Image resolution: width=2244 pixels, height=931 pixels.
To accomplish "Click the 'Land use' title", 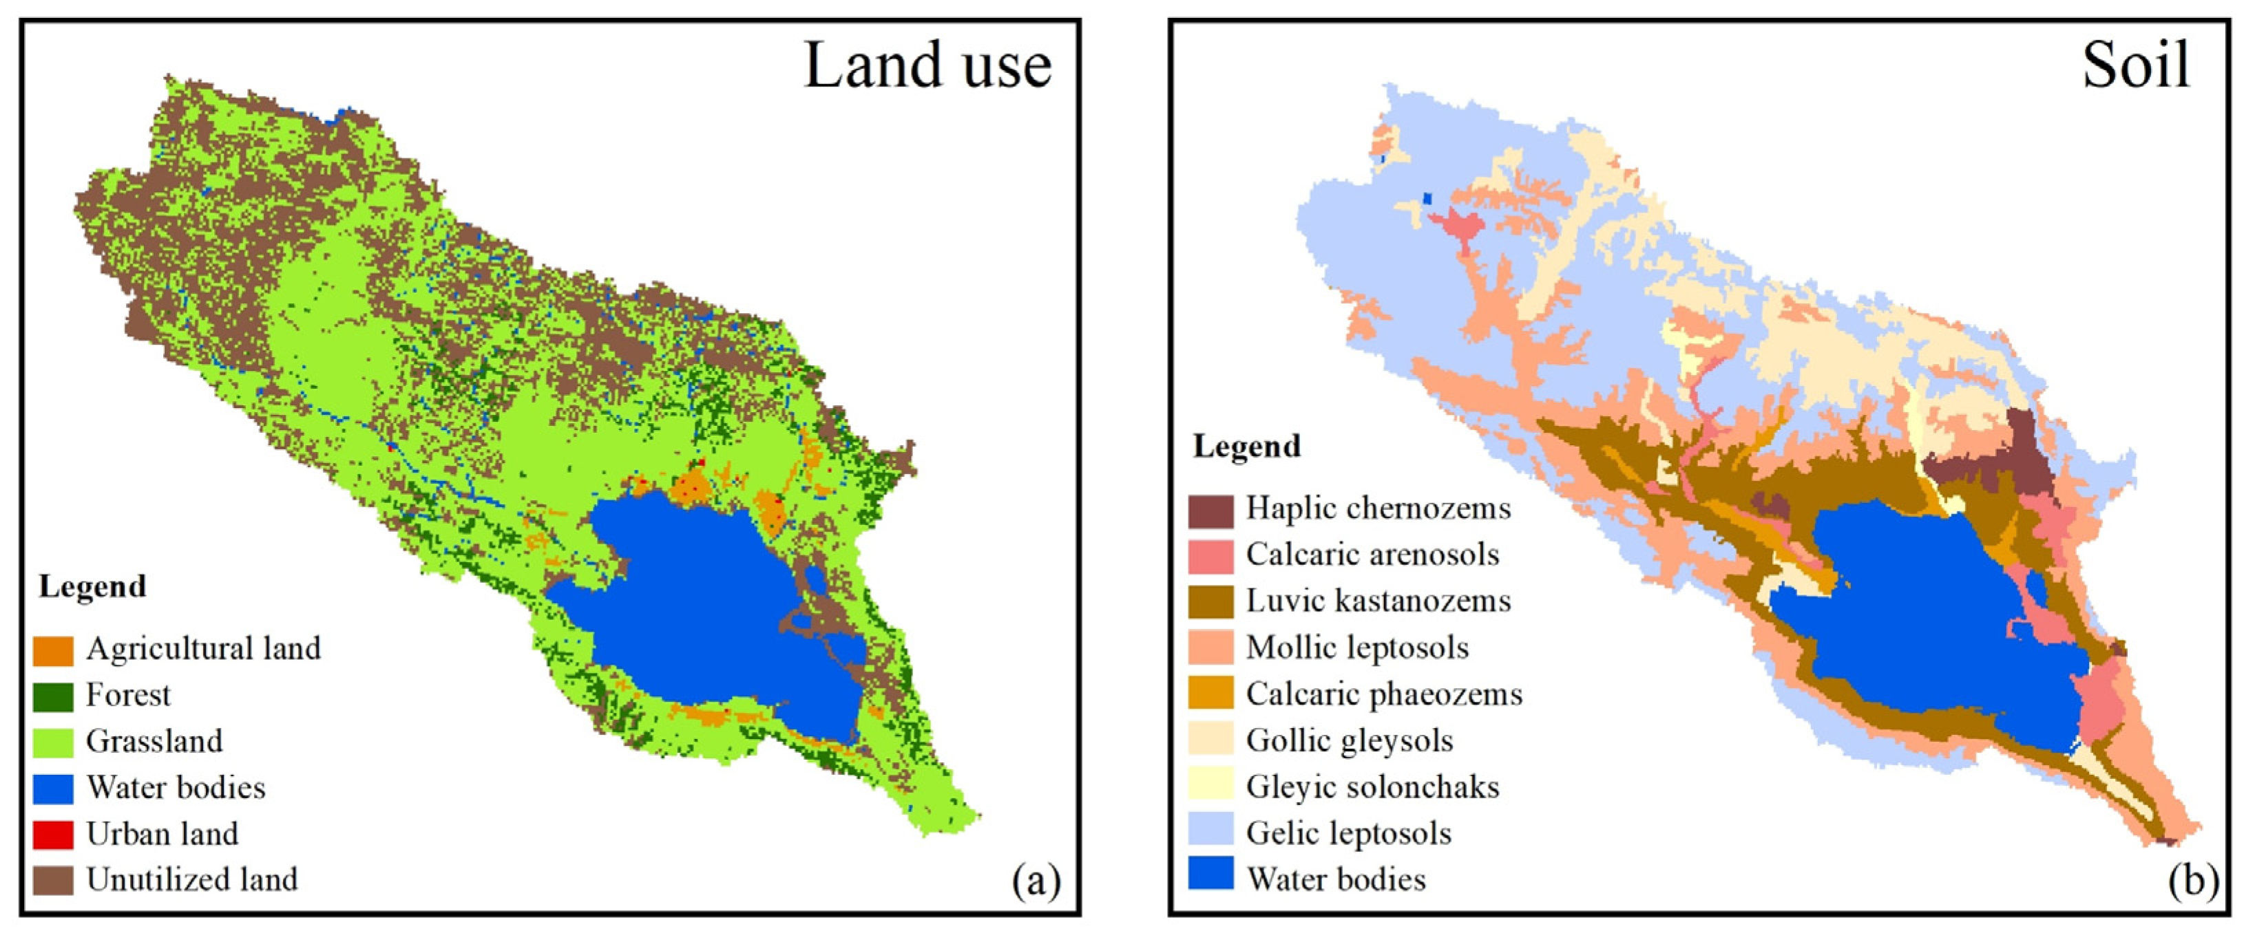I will [927, 66].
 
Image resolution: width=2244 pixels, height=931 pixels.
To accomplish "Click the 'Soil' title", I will [2135, 66].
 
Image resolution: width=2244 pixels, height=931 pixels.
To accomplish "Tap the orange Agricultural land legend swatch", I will [53, 650].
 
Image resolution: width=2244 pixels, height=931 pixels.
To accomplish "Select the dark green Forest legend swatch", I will [53, 696].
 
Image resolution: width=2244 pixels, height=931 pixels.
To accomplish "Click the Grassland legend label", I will [154, 741].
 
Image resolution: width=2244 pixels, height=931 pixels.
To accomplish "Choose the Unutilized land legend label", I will [191, 879].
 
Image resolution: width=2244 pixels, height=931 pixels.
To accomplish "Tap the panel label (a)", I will [1036, 881].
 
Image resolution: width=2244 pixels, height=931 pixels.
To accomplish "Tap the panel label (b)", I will [2192, 881].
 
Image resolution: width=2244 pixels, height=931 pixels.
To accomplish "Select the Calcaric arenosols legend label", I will [1372, 555].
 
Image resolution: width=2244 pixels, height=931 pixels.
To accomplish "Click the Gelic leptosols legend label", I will [1348, 833].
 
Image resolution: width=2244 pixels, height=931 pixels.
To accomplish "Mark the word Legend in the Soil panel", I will [1246, 447].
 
